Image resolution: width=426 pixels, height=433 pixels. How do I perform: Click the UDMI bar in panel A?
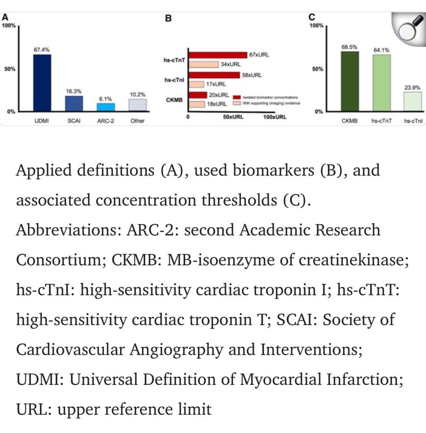(42, 82)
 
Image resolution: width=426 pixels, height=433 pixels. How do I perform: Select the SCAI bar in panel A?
(71, 103)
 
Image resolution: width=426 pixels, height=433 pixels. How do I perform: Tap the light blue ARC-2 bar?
(105, 107)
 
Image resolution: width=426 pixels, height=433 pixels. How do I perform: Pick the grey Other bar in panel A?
(137, 105)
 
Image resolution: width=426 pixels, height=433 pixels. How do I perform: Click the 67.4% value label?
(42, 50)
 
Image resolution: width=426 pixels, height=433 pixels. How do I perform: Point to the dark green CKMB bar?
(350, 81)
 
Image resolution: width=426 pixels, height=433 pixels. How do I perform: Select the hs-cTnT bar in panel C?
(381, 83)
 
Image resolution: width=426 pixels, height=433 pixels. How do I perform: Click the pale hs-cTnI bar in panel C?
(412, 101)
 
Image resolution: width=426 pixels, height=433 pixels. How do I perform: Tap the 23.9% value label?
(412, 88)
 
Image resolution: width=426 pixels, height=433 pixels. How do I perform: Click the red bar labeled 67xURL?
(218, 55)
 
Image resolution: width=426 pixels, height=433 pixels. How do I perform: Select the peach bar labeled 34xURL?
(204, 64)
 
